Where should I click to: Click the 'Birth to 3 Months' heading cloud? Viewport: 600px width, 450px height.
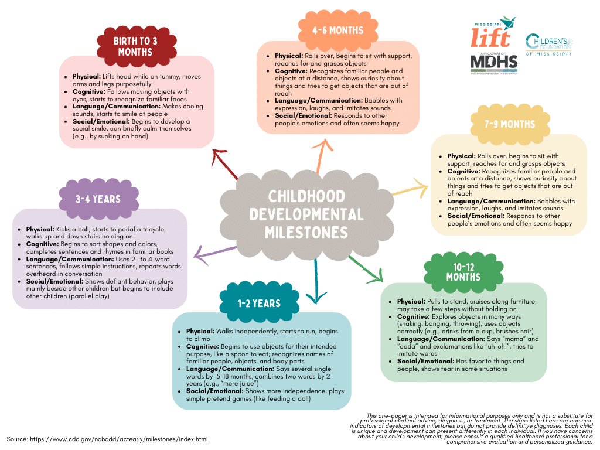click(x=135, y=46)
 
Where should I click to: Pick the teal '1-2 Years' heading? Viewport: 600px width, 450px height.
click(x=258, y=303)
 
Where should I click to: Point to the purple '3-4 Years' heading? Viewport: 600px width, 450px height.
click(x=97, y=199)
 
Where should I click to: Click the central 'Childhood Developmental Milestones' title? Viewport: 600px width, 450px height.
click(x=306, y=214)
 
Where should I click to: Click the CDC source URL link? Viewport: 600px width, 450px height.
click(x=118, y=439)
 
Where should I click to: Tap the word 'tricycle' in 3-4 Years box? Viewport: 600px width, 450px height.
click(x=152, y=229)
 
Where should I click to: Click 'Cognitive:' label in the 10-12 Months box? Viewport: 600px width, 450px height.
click(x=413, y=316)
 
